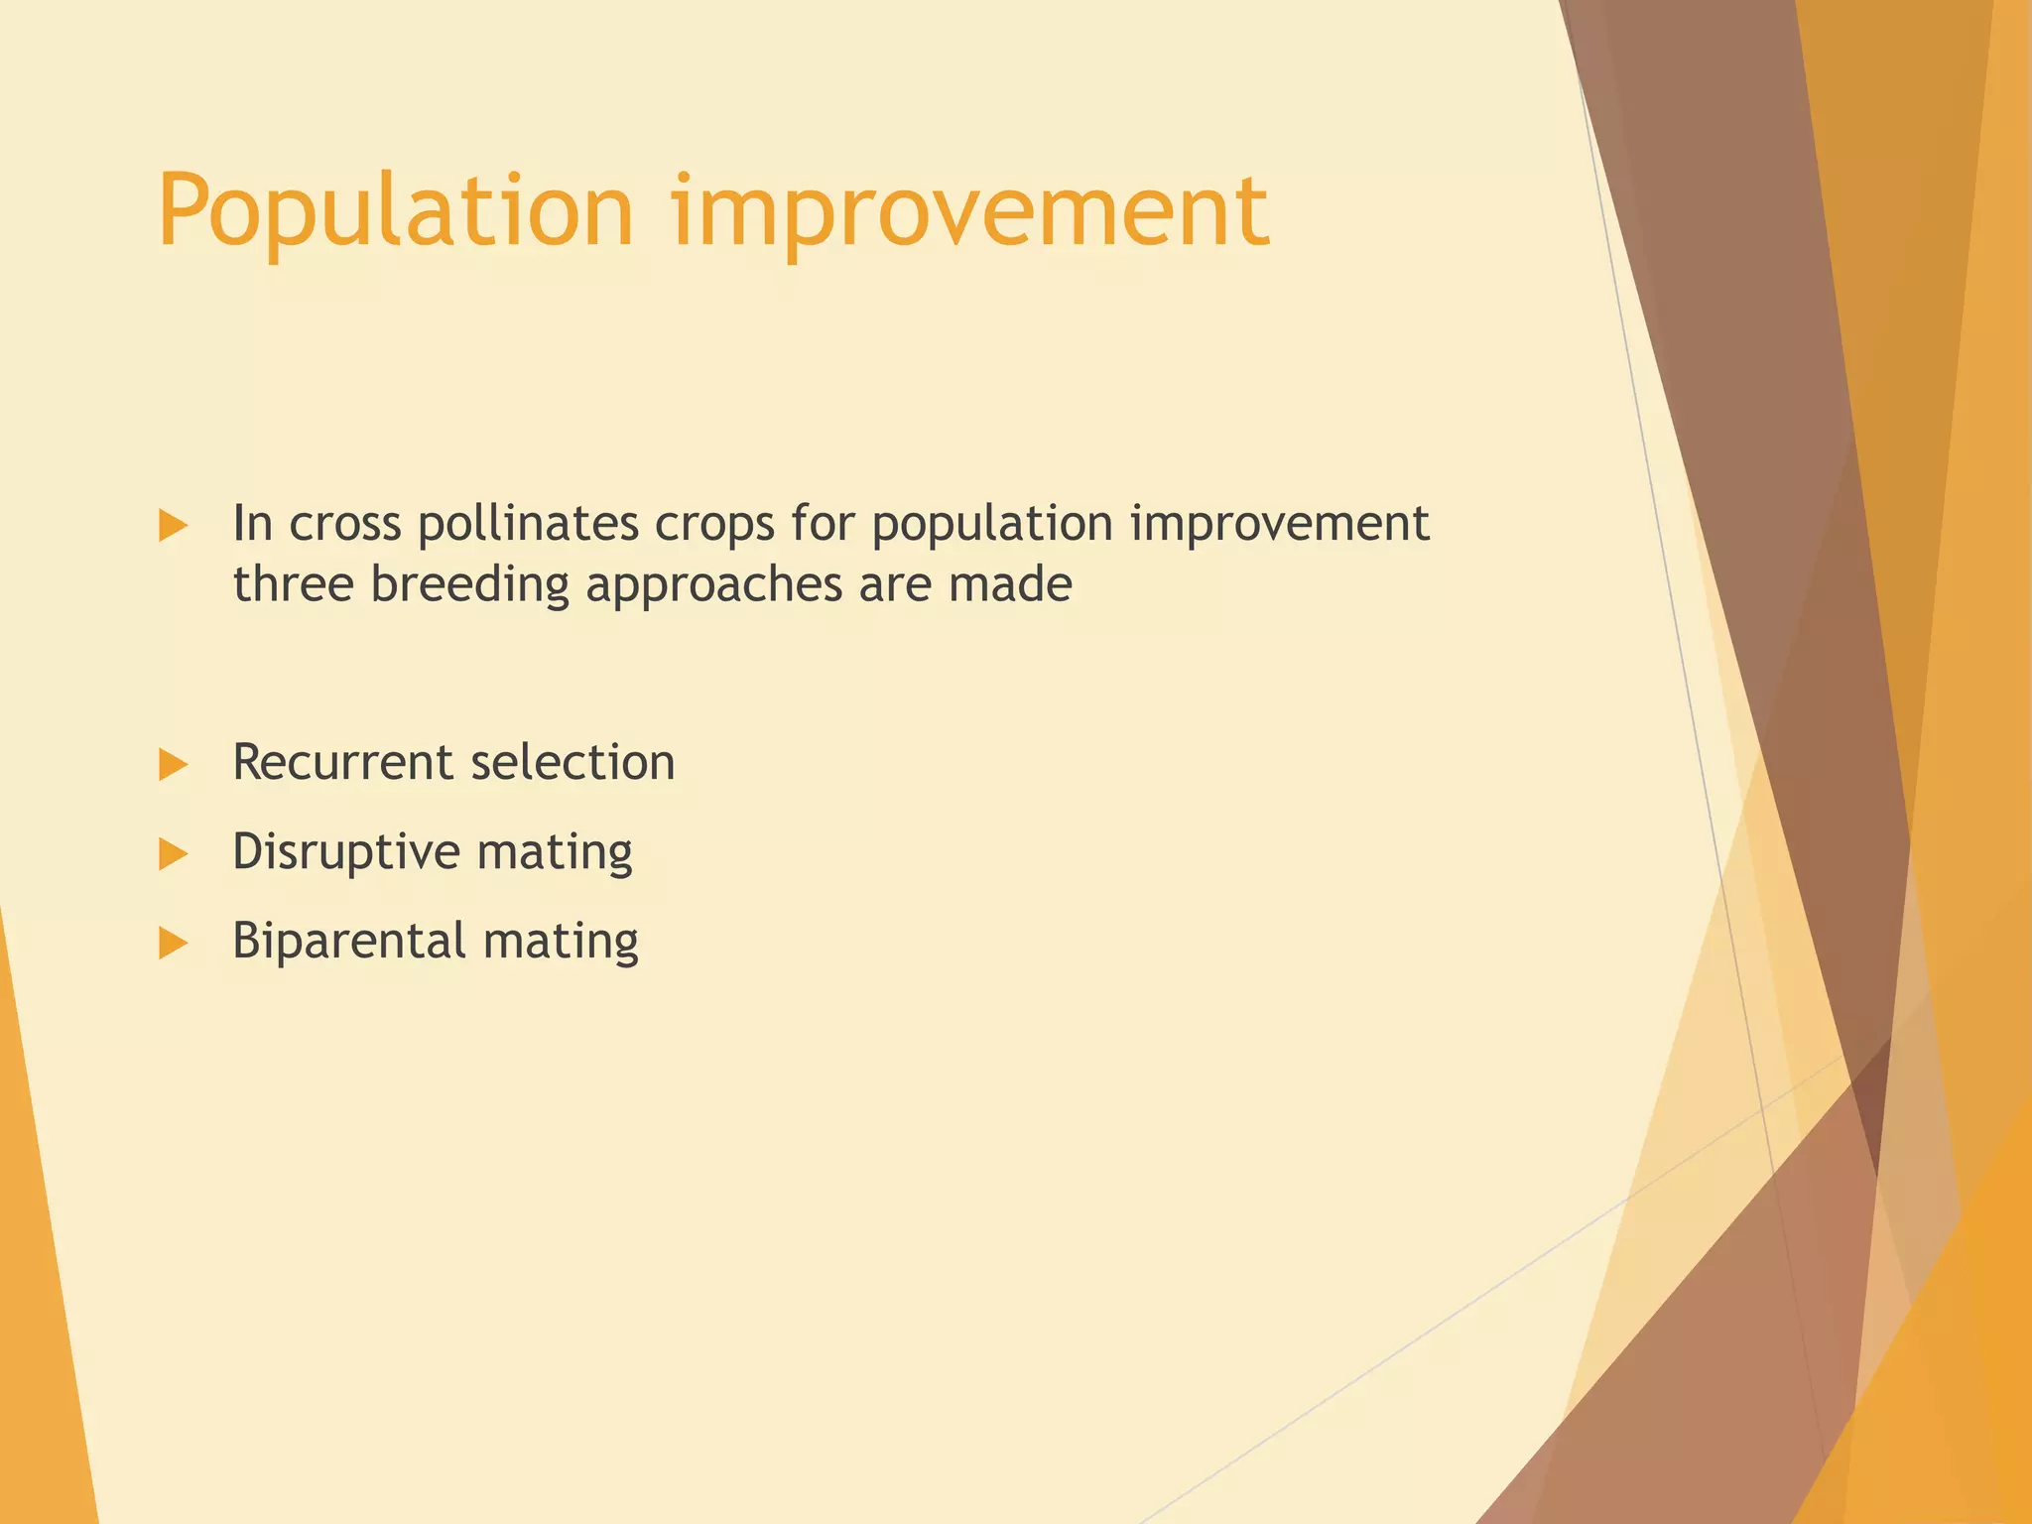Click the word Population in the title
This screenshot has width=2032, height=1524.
pos(395,211)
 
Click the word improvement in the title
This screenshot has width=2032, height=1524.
pos(969,211)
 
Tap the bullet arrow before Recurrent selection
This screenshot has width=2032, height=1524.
pos(173,764)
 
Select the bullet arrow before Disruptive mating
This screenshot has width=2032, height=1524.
pos(173,853)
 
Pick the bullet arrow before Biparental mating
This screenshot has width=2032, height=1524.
pos(173,943)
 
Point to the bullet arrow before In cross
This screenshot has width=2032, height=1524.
pos(173,526)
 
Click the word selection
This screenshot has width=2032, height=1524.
pos(572,763)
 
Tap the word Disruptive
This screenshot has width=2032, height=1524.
pos(346,852)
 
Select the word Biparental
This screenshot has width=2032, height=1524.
pos(348,942)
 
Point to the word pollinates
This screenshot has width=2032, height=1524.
pos(527,524)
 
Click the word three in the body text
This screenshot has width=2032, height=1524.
pos(293,584)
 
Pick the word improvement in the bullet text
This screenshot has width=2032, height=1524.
pos(1279,525)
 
